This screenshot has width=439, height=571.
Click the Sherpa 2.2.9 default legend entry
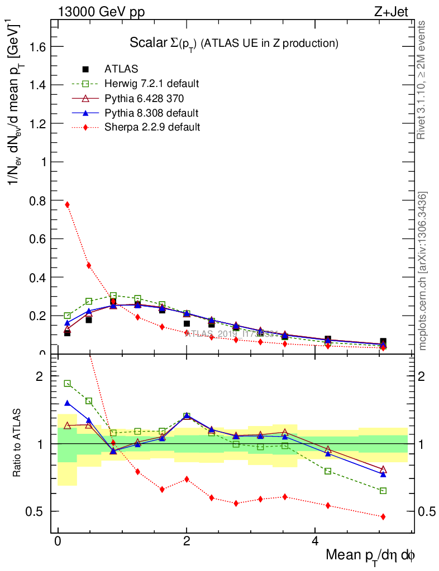tap(152, 127)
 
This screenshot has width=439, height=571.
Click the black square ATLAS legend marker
tap(85, 69)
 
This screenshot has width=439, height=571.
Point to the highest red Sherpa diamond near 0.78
tap(68, 205)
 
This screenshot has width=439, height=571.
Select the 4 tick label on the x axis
tap(315, 541)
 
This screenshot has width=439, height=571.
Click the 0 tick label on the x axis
tap(58, 541)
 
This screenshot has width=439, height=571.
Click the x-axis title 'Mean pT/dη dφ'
tap(370, 556)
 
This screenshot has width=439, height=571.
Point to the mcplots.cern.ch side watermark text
tap(423, 272)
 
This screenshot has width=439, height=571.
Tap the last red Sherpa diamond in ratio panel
tap(383, 517)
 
